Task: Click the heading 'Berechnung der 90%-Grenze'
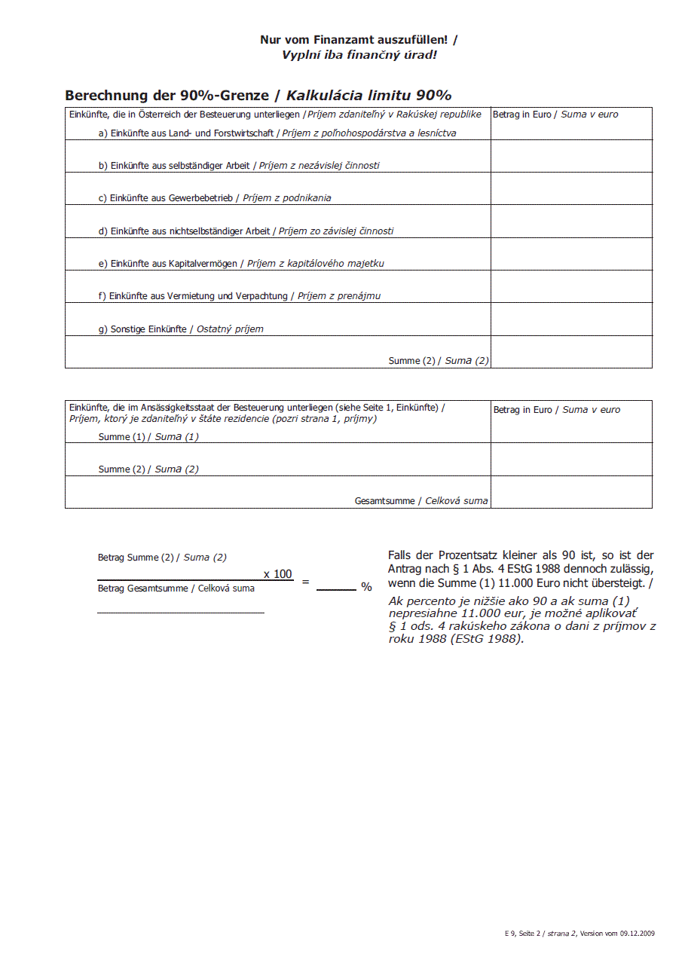[x=167, y=96]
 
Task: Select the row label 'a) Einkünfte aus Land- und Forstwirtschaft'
[x=185, y=133]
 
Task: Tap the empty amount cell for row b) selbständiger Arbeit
[x=570, y=156]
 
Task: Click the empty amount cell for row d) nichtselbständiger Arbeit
[x=570, y=222]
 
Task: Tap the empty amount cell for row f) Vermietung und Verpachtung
[x=570, y=287]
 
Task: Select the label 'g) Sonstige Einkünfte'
[x=142, y=329]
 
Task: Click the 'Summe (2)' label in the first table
[x=411, y=361]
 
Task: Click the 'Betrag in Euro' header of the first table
[x=521, y=115]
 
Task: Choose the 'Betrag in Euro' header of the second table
[x=522, y=410]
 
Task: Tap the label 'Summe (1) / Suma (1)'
[x=148, y=437]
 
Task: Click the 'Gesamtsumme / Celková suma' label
[x=420, y=501]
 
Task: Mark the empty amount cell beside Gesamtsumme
[x=570, y=492]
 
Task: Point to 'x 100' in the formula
[x=277, y=574]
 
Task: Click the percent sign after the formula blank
[x=366, y=587]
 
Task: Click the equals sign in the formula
[x=305, y=582]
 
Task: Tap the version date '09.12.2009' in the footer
[x=638, y=933]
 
